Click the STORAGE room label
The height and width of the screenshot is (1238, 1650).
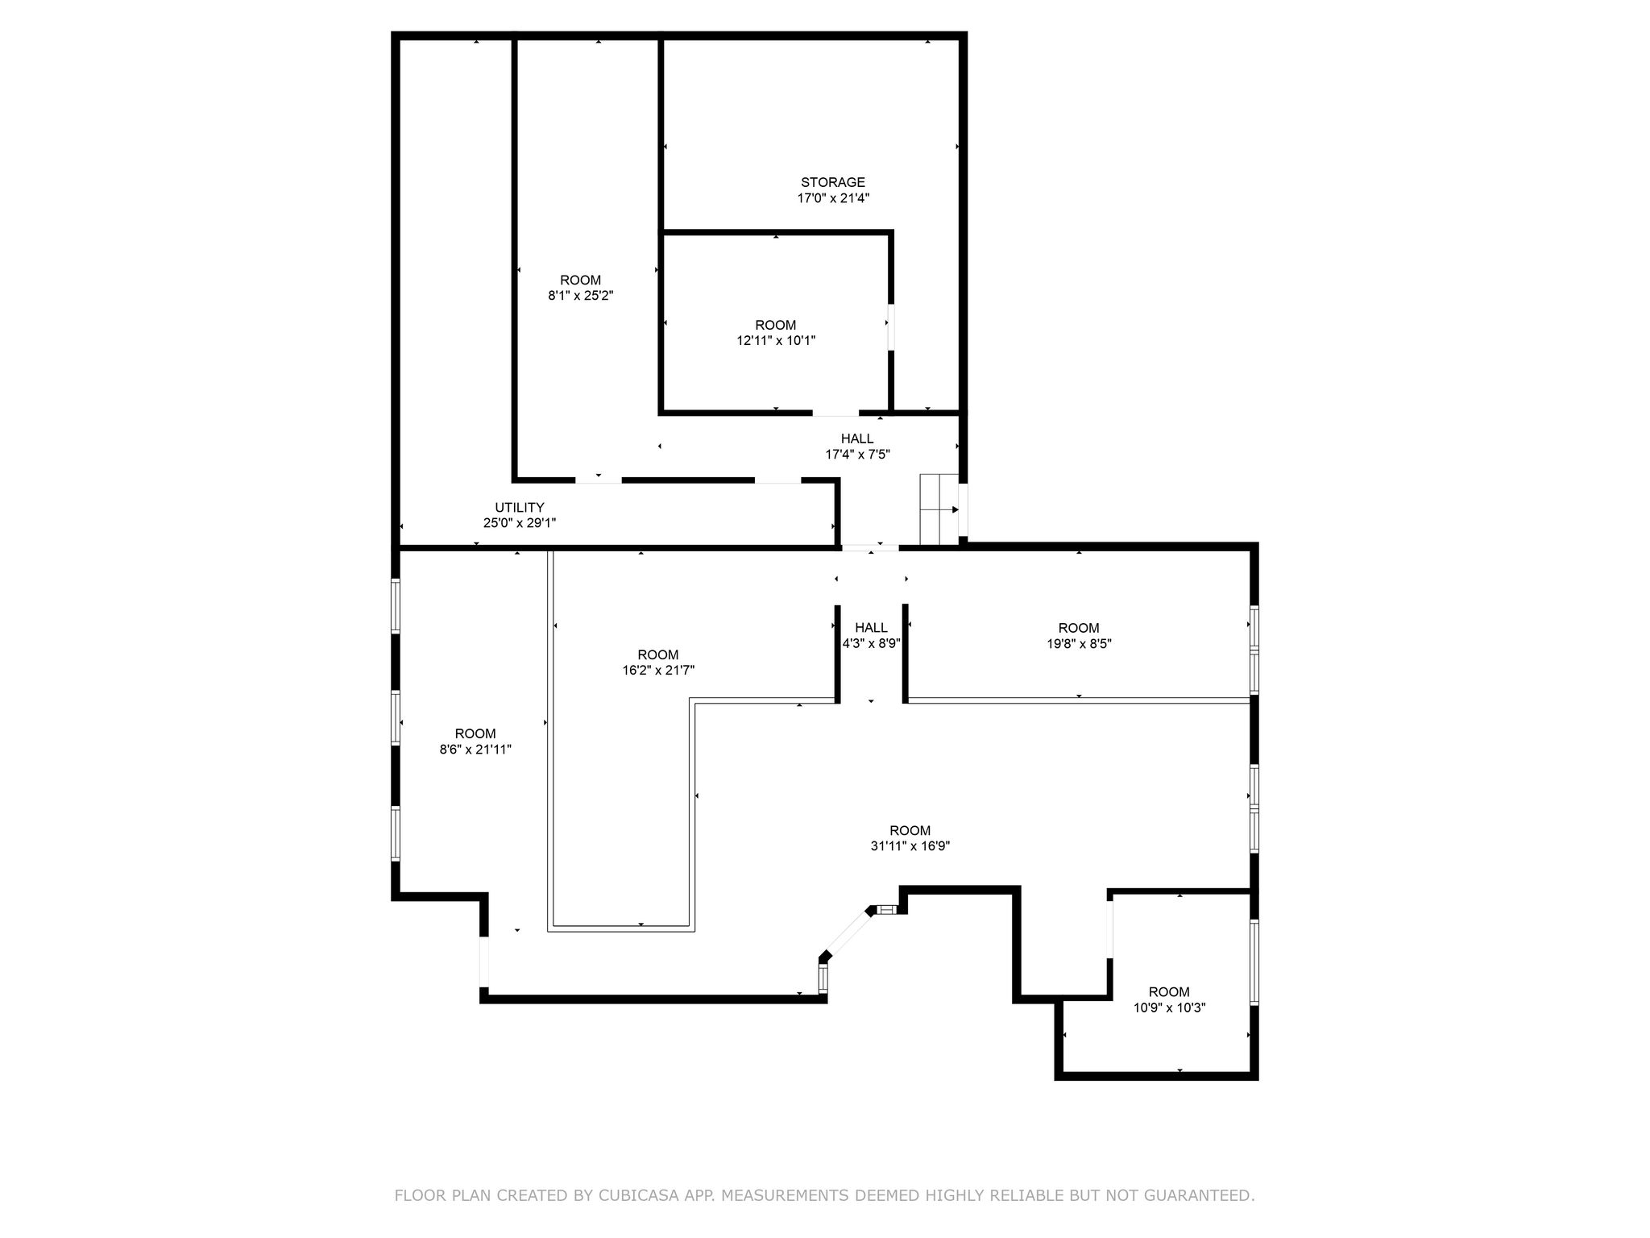pos(832,182)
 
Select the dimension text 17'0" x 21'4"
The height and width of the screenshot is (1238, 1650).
pos(833,198)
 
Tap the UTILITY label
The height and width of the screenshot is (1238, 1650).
pos(519,507)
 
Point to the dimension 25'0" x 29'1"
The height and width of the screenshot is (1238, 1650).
pos(519,523)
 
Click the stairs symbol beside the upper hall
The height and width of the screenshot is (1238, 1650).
pos(939,509)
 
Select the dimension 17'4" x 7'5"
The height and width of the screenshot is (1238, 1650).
pos(857,455)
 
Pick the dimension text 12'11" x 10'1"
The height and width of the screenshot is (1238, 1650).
pos(776,341)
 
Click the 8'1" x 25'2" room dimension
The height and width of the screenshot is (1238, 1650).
pos(580,296)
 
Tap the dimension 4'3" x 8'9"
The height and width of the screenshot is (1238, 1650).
pos(871,644)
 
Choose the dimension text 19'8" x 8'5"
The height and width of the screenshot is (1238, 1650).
pos(1079,644)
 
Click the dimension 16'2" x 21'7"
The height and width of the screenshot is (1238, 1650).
pos(658,671)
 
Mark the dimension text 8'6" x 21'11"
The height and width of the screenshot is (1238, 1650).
pos(475,750)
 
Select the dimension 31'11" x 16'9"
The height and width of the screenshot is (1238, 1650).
pos(910,846)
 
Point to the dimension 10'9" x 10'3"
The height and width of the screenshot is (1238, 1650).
pos(1169,1007)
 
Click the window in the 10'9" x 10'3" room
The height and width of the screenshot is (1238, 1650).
pos(1254,962)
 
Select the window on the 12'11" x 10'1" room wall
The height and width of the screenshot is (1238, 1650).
pos(891,326)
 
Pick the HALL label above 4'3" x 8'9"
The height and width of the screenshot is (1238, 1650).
pos(871,628)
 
